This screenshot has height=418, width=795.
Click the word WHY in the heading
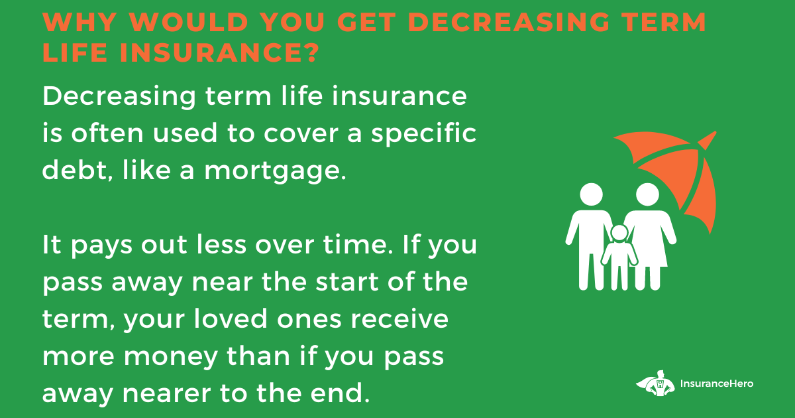(79, 23)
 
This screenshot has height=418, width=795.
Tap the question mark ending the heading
(312, 52)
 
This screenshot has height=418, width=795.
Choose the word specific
(423, 133)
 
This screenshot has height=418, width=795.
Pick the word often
(107, 133)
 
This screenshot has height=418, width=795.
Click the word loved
(231, 318)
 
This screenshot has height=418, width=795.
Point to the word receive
(399, 318)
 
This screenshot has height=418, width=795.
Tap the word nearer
(167, 393)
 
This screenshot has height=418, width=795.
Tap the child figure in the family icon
(619, 257)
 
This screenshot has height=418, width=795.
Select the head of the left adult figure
(591, 194)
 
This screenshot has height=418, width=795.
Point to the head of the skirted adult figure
(648, 194)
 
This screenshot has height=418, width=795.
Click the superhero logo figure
(656, 383)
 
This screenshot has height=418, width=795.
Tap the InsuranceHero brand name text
(717, 383)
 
